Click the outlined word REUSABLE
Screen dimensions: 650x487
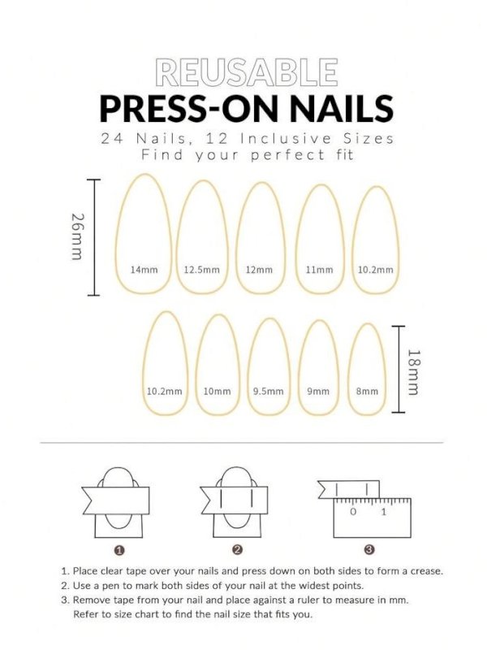tap(246, 73)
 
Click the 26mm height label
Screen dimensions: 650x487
tap(76, 236)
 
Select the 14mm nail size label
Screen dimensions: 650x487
tap(144, 270)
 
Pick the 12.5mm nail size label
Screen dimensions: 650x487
tap(202, 270)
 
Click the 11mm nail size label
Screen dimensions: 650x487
tap(319, 270)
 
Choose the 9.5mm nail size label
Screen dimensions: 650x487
tap(267, 391)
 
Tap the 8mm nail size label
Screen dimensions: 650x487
tap(367, 391)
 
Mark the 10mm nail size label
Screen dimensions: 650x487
tap(217, 391)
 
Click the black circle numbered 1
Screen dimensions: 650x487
tap(119, 550)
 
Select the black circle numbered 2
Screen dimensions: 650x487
tap(238, 550)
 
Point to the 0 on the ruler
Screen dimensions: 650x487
tap(353, 513)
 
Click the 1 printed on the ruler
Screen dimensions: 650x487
tap(384, 513)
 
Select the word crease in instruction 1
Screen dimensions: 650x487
tap(425, 571)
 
